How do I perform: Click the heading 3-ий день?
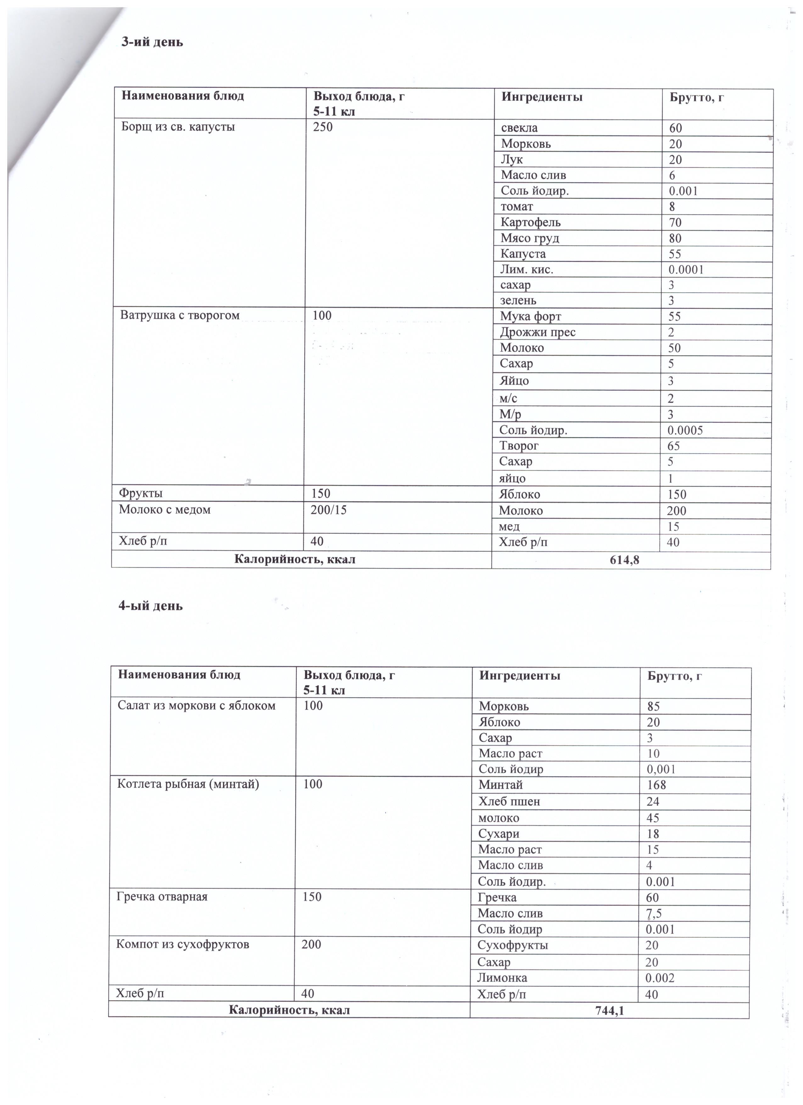[152, 42]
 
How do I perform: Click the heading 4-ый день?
[150, 606]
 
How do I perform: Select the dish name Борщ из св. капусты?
[178, 127]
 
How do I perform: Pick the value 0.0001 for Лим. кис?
[686, 269]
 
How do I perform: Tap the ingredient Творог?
[519, 446]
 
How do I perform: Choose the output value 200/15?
[329, 510]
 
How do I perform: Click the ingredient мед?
[509, 527]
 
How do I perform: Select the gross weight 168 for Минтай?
[656, 785]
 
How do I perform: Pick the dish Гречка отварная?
[162, 897]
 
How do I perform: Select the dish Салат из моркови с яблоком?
[196, 705]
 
